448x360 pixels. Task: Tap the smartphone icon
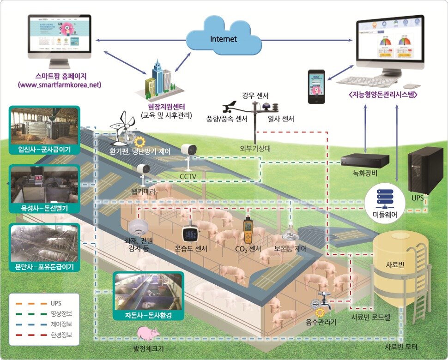316,87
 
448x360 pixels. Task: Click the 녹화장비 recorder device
364,160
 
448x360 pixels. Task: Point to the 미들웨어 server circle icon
381,196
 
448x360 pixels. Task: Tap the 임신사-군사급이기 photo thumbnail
45,126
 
